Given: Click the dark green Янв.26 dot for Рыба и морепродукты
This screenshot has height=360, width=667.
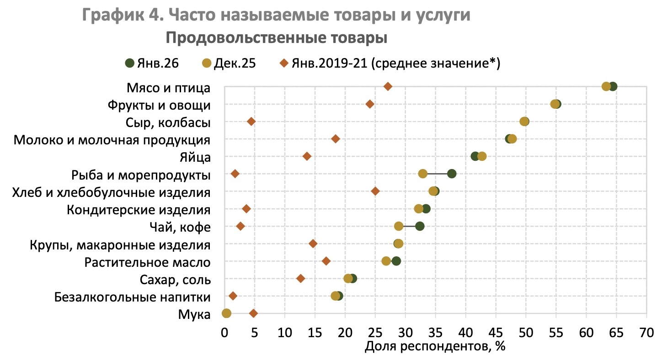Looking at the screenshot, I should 452,174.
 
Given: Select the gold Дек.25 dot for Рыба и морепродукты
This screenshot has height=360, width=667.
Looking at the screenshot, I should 423,174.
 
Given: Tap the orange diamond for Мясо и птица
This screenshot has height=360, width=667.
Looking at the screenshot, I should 388,86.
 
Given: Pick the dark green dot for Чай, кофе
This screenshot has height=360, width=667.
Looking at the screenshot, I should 420,226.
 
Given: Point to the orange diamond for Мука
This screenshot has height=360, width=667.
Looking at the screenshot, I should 254,313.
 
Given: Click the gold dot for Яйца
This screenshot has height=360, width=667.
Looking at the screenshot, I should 482,156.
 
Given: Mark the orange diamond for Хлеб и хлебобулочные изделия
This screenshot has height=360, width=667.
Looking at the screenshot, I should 375,191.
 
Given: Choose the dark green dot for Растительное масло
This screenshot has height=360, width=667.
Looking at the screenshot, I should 396,261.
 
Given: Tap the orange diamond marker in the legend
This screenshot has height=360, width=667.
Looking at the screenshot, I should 283,64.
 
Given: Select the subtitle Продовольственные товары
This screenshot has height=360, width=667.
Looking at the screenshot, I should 277,38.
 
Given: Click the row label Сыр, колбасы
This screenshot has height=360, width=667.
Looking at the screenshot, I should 168,122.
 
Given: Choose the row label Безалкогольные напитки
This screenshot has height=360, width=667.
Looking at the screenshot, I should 133,297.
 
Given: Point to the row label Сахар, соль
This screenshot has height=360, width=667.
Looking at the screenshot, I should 174,280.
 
